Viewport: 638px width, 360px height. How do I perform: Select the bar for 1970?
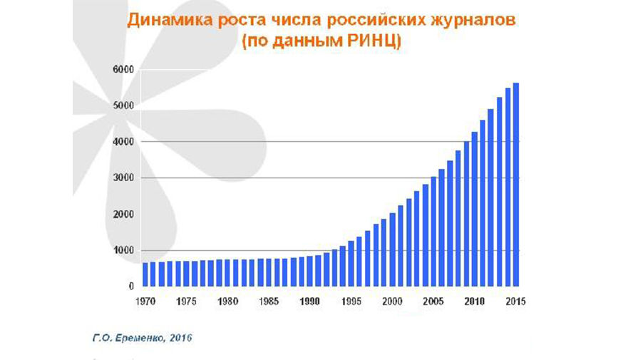pyautogui.click(x=145, y=274)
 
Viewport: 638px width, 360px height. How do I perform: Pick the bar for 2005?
pyautogui.click(x=433, y=232)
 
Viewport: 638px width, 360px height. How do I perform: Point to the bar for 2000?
pyautogui.click(x=392, y=250)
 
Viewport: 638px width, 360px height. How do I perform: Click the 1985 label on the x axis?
pyautogui.click(x=269, y=300)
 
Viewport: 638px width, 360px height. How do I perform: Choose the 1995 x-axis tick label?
pyautogui.click(x=351, y=300)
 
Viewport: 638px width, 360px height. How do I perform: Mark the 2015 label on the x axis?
pyautogui.click(x=515, y=300)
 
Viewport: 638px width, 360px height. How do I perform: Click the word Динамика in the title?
pyautogui.click(x=162, y=20)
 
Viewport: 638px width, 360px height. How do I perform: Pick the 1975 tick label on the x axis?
pyautogui.click(x=187, y=300)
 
